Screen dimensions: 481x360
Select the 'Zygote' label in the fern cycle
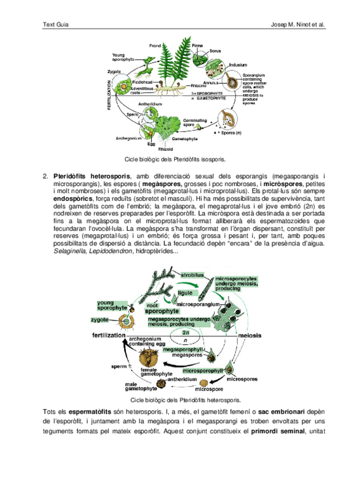tap(114, 72)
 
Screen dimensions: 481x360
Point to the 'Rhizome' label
tap(190, 85)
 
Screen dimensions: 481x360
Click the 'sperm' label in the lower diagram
tap(119, 366)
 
